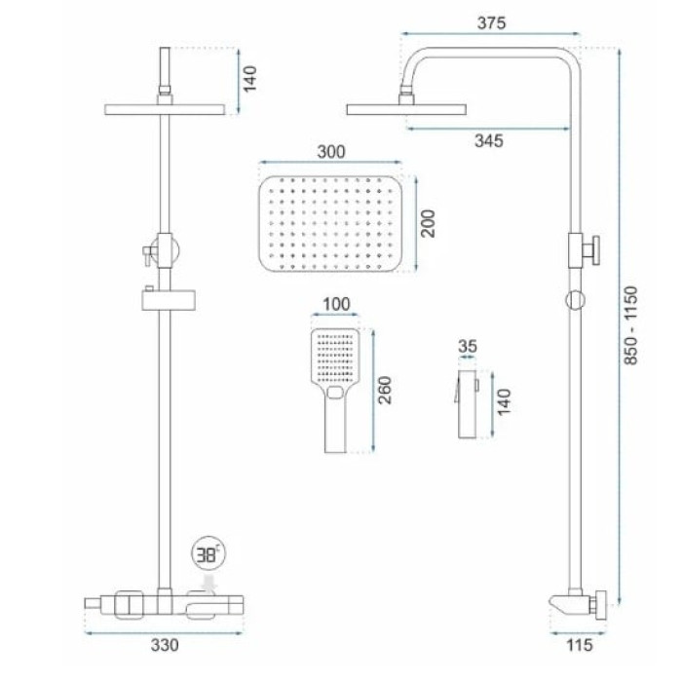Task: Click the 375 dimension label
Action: point(491,22)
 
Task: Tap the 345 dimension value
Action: point(489,141)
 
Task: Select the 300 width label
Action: point(331,152)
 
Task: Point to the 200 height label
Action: point(428,223)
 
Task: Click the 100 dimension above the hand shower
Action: point(336,304)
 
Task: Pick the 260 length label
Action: point(385,390)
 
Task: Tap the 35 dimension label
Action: point(468,346)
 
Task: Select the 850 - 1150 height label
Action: point(630,325)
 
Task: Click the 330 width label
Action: point(165,645)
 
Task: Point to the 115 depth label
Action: point(580,645)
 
